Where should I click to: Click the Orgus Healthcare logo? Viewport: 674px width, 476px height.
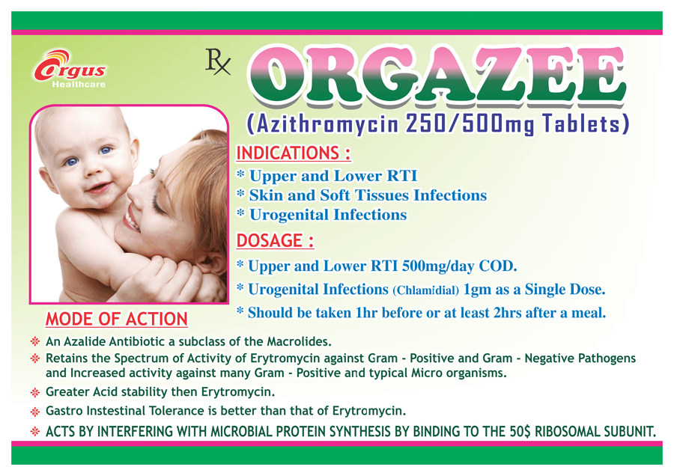70,69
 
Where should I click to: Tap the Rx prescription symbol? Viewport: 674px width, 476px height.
218,62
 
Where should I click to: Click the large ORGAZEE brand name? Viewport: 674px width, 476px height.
436,77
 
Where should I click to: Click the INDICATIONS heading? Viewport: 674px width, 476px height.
294,153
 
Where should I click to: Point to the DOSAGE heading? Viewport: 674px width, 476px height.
275,240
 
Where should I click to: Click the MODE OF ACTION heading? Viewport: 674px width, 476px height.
117,319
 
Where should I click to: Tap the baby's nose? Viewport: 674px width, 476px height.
91,170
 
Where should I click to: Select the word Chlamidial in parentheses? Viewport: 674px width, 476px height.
425,291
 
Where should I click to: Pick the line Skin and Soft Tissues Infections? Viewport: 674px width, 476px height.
368,195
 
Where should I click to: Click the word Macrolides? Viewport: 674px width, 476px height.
299,341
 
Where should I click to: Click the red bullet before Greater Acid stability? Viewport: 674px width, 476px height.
35,392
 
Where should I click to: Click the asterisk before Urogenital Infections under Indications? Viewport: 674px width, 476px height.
240,213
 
